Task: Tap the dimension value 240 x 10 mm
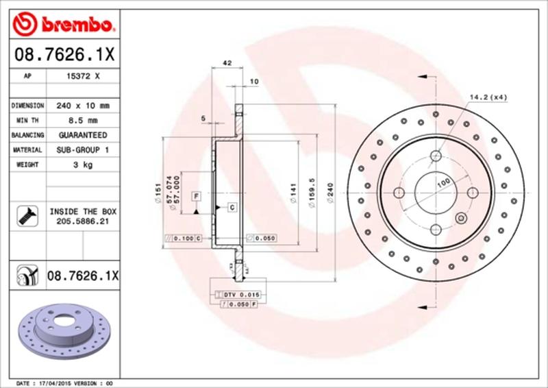83,106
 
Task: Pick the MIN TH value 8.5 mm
83,121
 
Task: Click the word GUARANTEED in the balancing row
83,135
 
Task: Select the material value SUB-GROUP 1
83,149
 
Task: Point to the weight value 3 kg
83,165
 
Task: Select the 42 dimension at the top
227,64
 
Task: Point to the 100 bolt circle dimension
443,182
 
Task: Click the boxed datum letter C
232,207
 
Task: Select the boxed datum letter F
196,197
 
